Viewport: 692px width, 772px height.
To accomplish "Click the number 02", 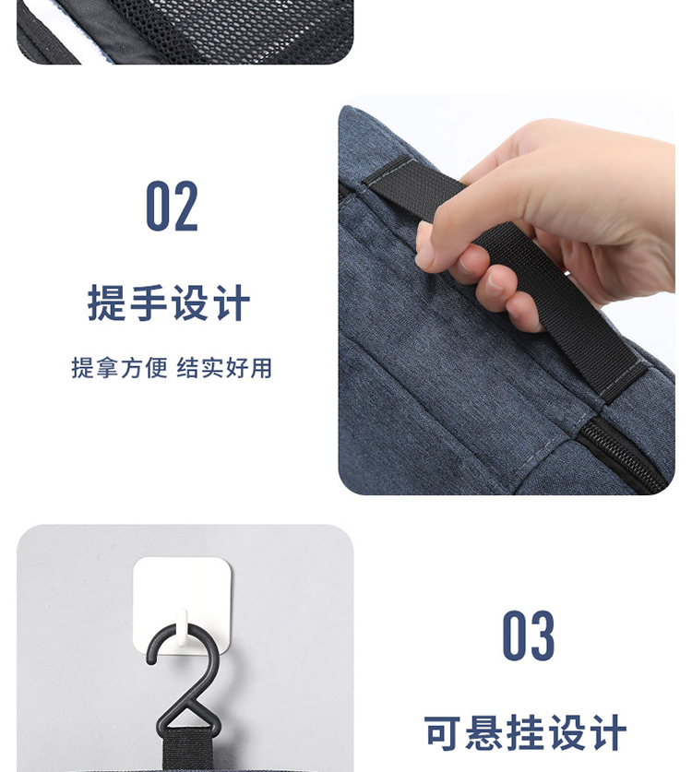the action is pyautogui.click(x=172, y=206).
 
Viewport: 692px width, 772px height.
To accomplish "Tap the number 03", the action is pyautogui.click(x=528, y=635).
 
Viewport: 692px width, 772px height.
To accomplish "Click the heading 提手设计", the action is pyautogui.click(x=169, y=303).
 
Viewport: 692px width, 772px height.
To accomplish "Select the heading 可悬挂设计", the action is pyautogui.click(x=525, y=732).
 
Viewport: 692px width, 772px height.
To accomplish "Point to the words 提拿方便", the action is pyautogui.click(x=120, y=368).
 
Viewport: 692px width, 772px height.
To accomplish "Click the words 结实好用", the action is pyautogui.click(x=224, y=368).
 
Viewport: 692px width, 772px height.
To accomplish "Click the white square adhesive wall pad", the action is pyautogui.click(x=183, y=606).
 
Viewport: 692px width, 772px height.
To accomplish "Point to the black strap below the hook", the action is pyautogui.click(x=187, y=754).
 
